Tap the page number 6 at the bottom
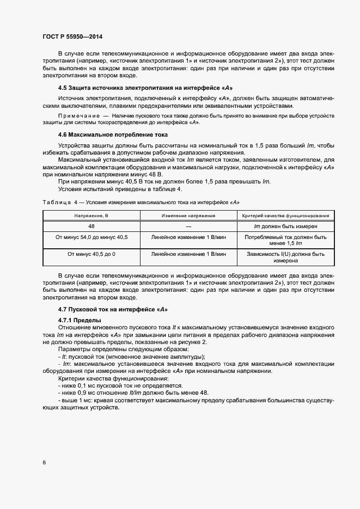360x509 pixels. click(x=44, y=463)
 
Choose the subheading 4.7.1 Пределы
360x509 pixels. click(x=80, y=320)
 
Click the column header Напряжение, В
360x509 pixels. click(x=91, y=216)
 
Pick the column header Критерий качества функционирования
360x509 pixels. click(x=285, y=216)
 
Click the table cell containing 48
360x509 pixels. click(x=91, y=226)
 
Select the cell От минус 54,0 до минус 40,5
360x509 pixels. click(x=91, y=237)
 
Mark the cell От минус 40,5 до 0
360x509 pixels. click(x=91, y=254)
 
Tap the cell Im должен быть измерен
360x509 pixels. click(x=285, y=226)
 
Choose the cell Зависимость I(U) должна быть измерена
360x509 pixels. click(x=285, y=257)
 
